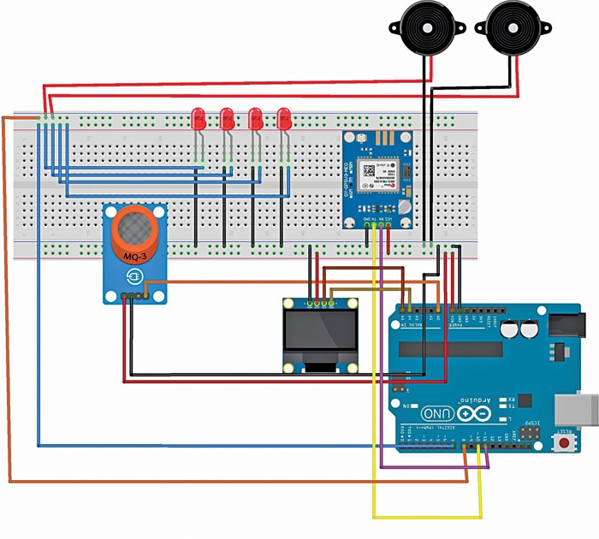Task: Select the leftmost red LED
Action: pos(199,118)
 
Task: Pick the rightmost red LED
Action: pos(284,118)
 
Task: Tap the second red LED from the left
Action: pos(227,118)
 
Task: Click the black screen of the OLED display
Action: pos(320,335)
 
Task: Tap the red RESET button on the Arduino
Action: pos(566,444)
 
